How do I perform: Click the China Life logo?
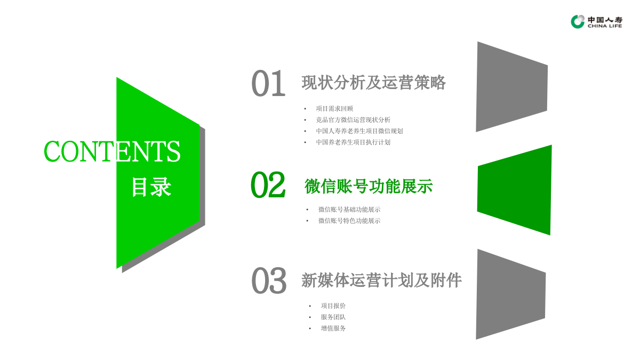pos(596,21)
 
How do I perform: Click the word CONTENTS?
pos(112,151)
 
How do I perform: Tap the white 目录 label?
pos(151,187)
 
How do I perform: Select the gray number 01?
pos(268,84)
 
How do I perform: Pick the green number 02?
pos(268,185)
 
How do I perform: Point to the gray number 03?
pos(269,281)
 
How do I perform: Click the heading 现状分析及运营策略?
pos(373,83)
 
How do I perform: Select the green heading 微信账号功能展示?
pos(369,186)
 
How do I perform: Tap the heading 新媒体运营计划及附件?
pos(381,280)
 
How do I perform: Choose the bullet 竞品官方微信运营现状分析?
pos(353,119)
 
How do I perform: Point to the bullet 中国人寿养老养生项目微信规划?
pos(359,131)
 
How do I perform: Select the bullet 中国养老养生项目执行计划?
pos(353,142)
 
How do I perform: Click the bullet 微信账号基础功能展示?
pos(349,210)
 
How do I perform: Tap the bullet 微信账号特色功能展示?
pos(349,221)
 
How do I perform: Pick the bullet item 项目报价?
pos(333,306)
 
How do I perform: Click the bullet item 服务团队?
pos(333,317)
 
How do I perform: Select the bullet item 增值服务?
pos(333,328)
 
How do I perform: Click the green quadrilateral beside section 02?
pos(515,190)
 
